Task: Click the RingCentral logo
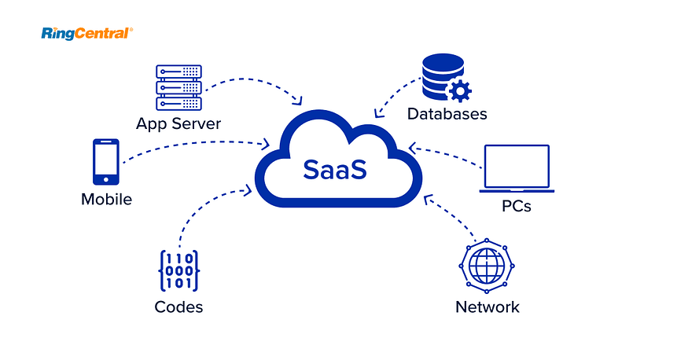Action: pyautogui.click(x=86, y=34)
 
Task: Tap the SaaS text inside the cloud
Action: pyautogui.click(x=335, y=170)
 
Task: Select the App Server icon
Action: pyautogui.click(x=179, y=88)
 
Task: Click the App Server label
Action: pyautogui.click(x=178, y=123)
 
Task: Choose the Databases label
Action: pyautogui.click(x=447, y=114)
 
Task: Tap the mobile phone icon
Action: pyautogui.click(x=105, y=162)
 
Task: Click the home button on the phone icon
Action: pyautogui.click(x=105, y=180)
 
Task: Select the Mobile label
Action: pyautogui.click(x=107, y=200)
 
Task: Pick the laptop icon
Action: pyautogui.click(x=517, y=169)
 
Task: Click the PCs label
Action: pyautogui.click(x=517, y=206)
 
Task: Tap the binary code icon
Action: pyautogui.click(x=179, y=271)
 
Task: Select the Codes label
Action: pyautogui.click(x=178, y=307)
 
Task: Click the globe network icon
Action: pyautogui.click(x=487, y=266)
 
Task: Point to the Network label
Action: pyautogui.click(x=487, y=307)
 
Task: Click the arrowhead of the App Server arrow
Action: pyautogui.click(x=298, y=101)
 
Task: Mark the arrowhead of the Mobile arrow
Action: pyautogui.click(x=265, y=143)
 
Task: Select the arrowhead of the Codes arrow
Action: pyautogui.click(x=248, y=190)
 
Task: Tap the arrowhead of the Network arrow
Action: pyautogui.click(x=428, y=199)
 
